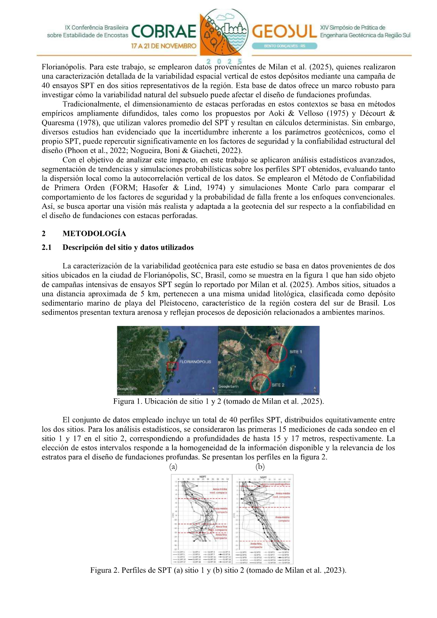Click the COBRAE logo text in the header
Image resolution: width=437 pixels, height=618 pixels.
coord(164,32)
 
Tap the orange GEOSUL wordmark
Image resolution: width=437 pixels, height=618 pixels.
coord(284,32)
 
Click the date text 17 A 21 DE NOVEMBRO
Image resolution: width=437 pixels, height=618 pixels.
coord(164,46)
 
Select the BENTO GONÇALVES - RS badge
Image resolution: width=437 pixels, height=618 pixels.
coord(285,46)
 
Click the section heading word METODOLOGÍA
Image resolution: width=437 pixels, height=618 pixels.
coord(94,234)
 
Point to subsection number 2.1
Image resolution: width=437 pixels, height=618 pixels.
coord(47,247)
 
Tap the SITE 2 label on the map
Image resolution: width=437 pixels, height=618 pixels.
coord(278,385)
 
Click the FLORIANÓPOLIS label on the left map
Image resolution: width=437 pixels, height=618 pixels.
coord(195,361)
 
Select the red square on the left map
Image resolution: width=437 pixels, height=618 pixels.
coord(172,366)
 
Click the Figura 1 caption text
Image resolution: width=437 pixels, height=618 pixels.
coord(218,401)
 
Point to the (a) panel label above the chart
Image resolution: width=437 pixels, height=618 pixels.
coord(173,466)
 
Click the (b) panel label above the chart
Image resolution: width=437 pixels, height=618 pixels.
coord(260,466)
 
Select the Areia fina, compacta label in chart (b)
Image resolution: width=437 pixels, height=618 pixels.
coord(256,545)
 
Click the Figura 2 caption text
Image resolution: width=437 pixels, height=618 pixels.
coord(218,570)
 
